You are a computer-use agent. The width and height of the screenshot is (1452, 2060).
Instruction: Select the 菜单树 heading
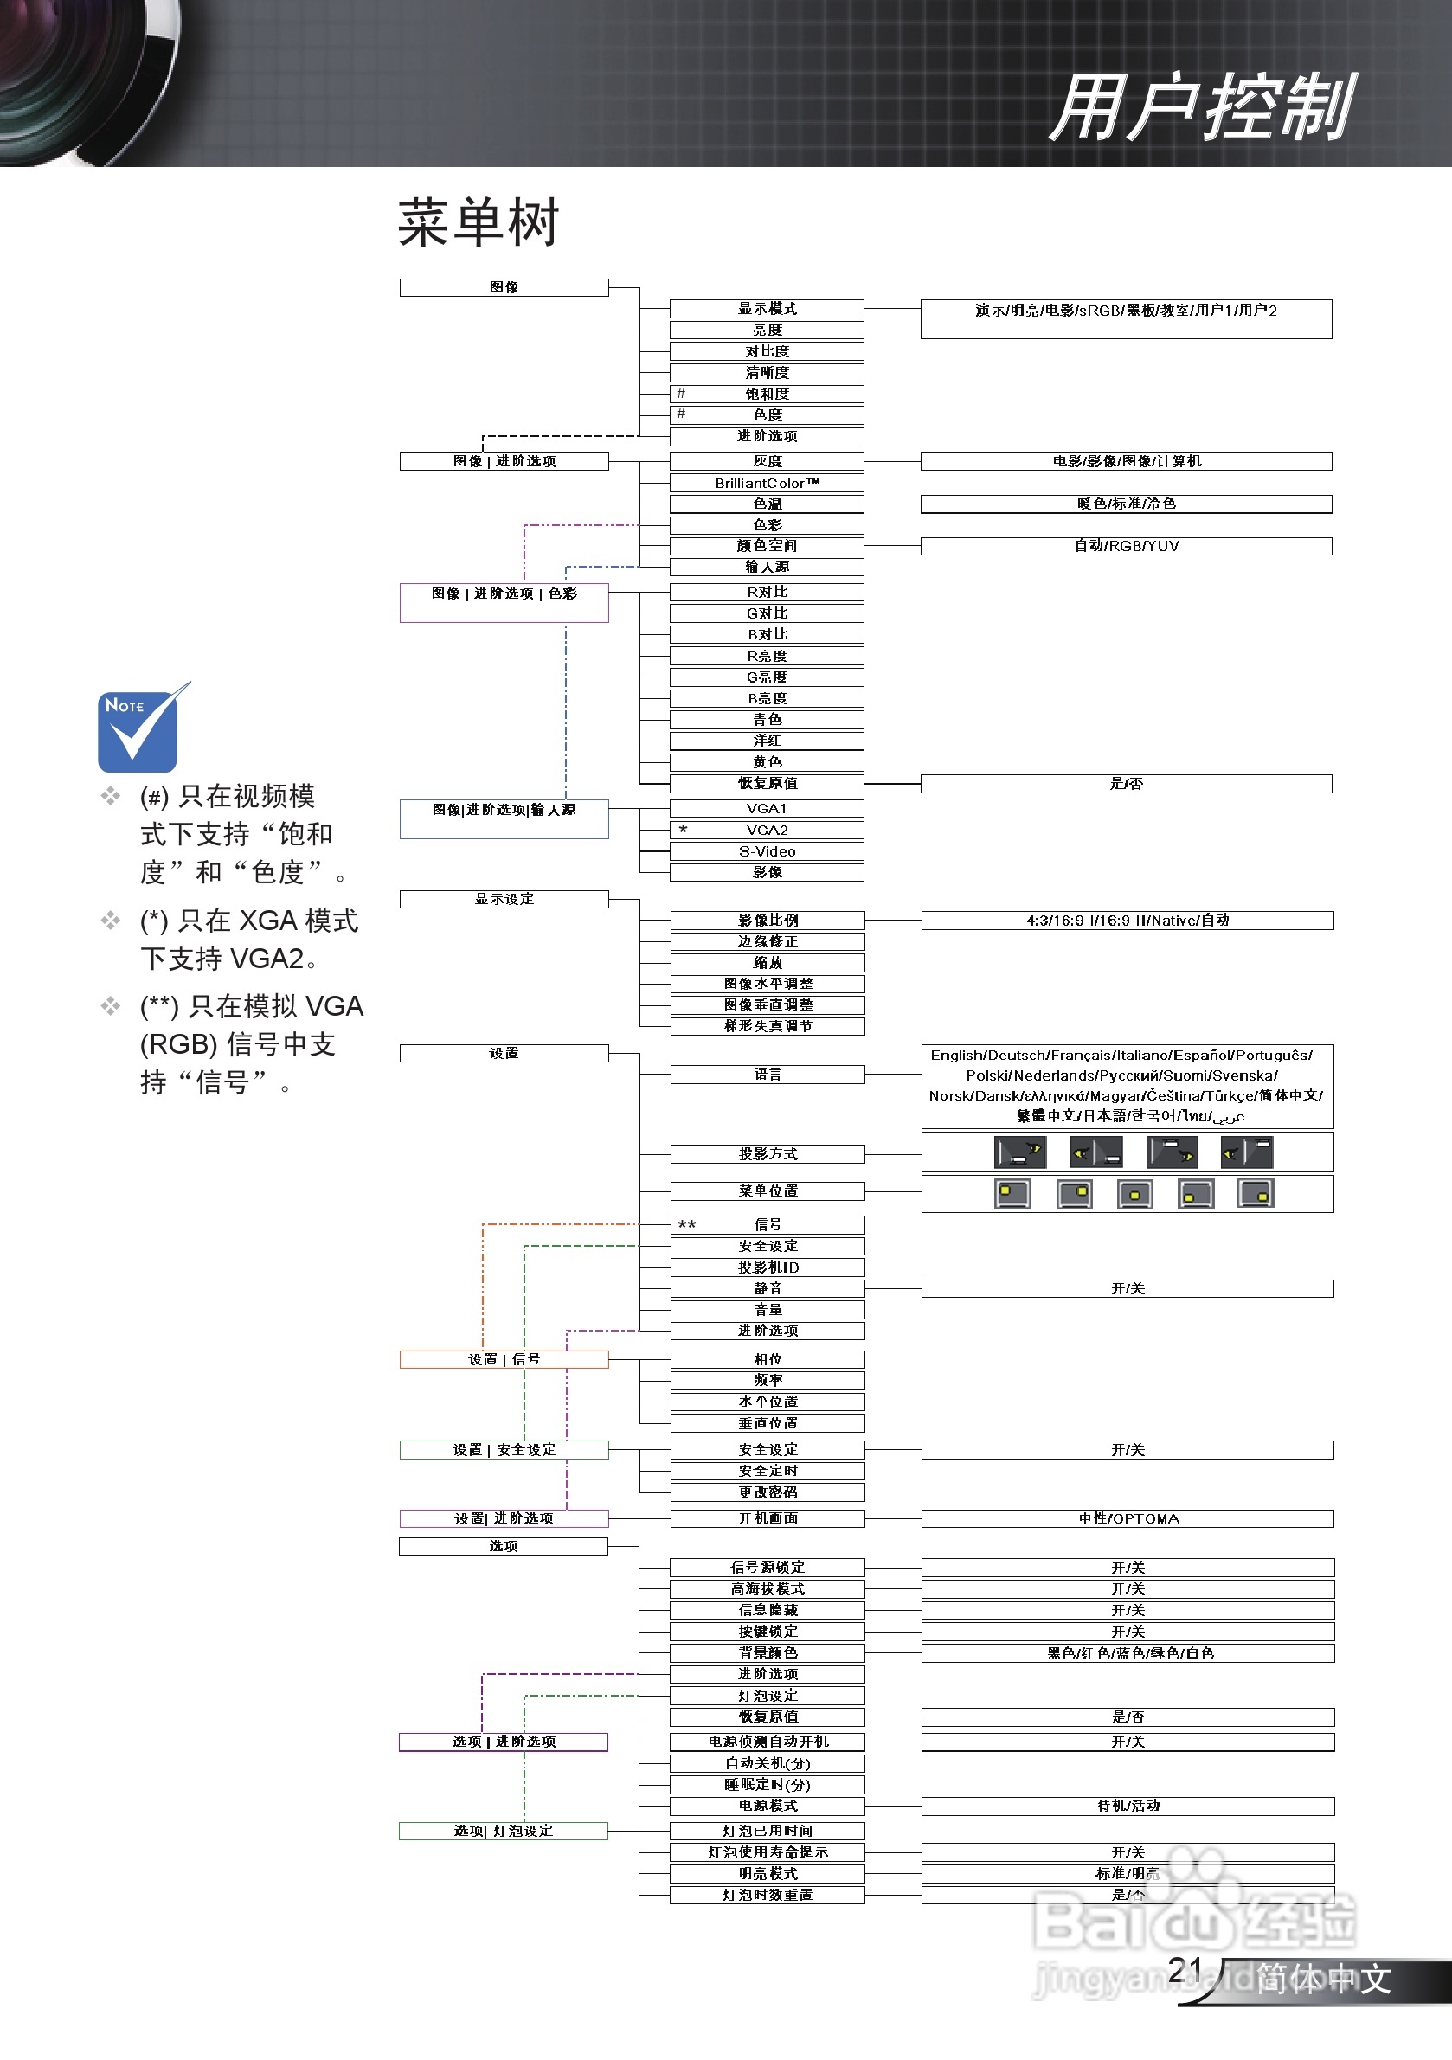[479, 222]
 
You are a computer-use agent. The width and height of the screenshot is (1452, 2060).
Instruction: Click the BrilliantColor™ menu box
[767, 483]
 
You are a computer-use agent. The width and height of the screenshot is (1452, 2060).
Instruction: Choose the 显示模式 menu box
[767, 309]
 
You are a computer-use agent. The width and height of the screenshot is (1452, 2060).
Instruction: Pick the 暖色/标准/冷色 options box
[1126, 504]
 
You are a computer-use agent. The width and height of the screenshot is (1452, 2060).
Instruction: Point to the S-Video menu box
[767, 851]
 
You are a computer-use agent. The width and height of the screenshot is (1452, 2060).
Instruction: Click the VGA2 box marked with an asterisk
[767, 830]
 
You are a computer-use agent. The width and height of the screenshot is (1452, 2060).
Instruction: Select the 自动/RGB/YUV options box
[1126, 547]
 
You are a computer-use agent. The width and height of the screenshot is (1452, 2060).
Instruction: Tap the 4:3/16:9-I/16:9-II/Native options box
[1128, 921]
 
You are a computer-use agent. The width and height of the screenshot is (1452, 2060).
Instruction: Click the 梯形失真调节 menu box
[768, 1026]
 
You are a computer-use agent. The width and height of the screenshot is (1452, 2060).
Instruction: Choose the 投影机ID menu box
[768, 1267]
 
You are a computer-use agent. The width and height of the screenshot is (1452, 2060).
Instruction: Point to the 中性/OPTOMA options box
[1128, 1519]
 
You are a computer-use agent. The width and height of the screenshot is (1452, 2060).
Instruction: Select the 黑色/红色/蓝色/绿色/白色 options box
[1128, 1653]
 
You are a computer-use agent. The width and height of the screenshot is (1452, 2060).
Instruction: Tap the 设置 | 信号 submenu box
[504, 1360]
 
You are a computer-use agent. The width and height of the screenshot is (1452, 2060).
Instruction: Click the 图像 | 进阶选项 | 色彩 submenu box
[504, 603]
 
